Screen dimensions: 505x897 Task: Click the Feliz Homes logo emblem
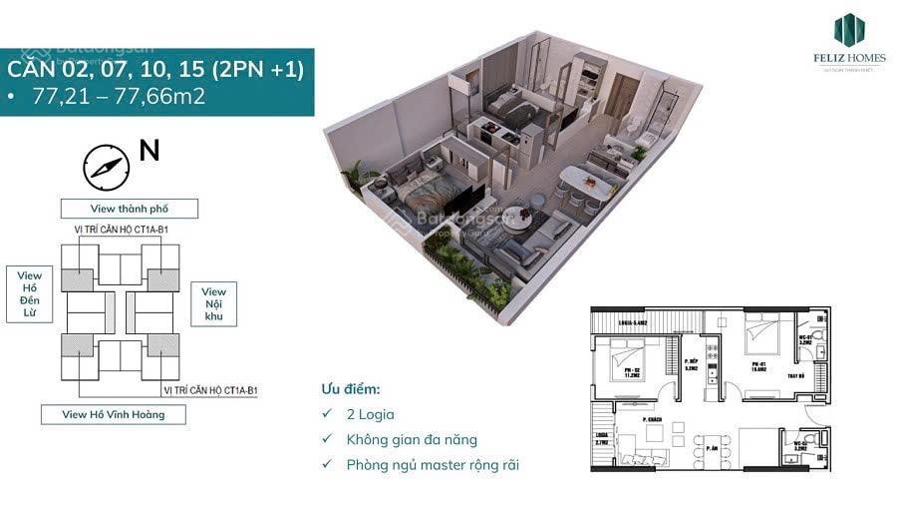849,29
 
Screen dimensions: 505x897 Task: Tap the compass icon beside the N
107,167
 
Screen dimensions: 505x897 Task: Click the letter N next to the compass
149,152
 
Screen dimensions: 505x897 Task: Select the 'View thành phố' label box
130,209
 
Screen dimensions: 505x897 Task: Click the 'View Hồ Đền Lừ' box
30,294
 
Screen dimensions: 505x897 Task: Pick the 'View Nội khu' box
213,303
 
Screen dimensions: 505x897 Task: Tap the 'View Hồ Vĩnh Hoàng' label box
114,414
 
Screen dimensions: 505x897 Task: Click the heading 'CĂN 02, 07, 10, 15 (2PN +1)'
155,70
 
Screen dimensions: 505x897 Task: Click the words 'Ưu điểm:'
350,389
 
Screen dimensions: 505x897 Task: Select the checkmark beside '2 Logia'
327,414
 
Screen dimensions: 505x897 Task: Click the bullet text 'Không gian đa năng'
412,439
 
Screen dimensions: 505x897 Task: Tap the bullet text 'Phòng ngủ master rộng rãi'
433,464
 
